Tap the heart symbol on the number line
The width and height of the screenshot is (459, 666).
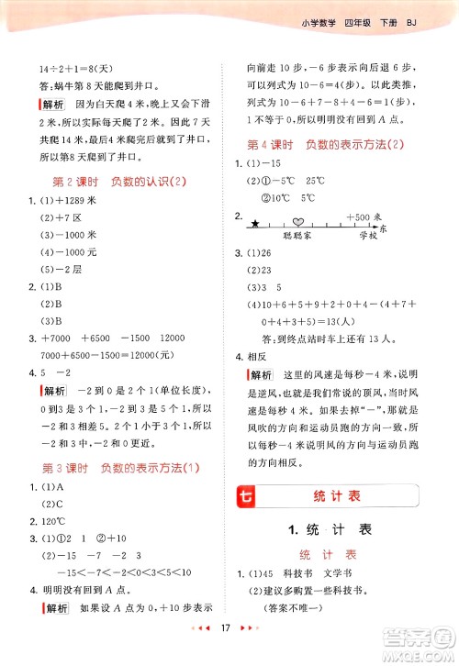pyautogui.click(x=298, y=221)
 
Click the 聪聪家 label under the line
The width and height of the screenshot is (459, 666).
pyautogui.click(x=299, y=236)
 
